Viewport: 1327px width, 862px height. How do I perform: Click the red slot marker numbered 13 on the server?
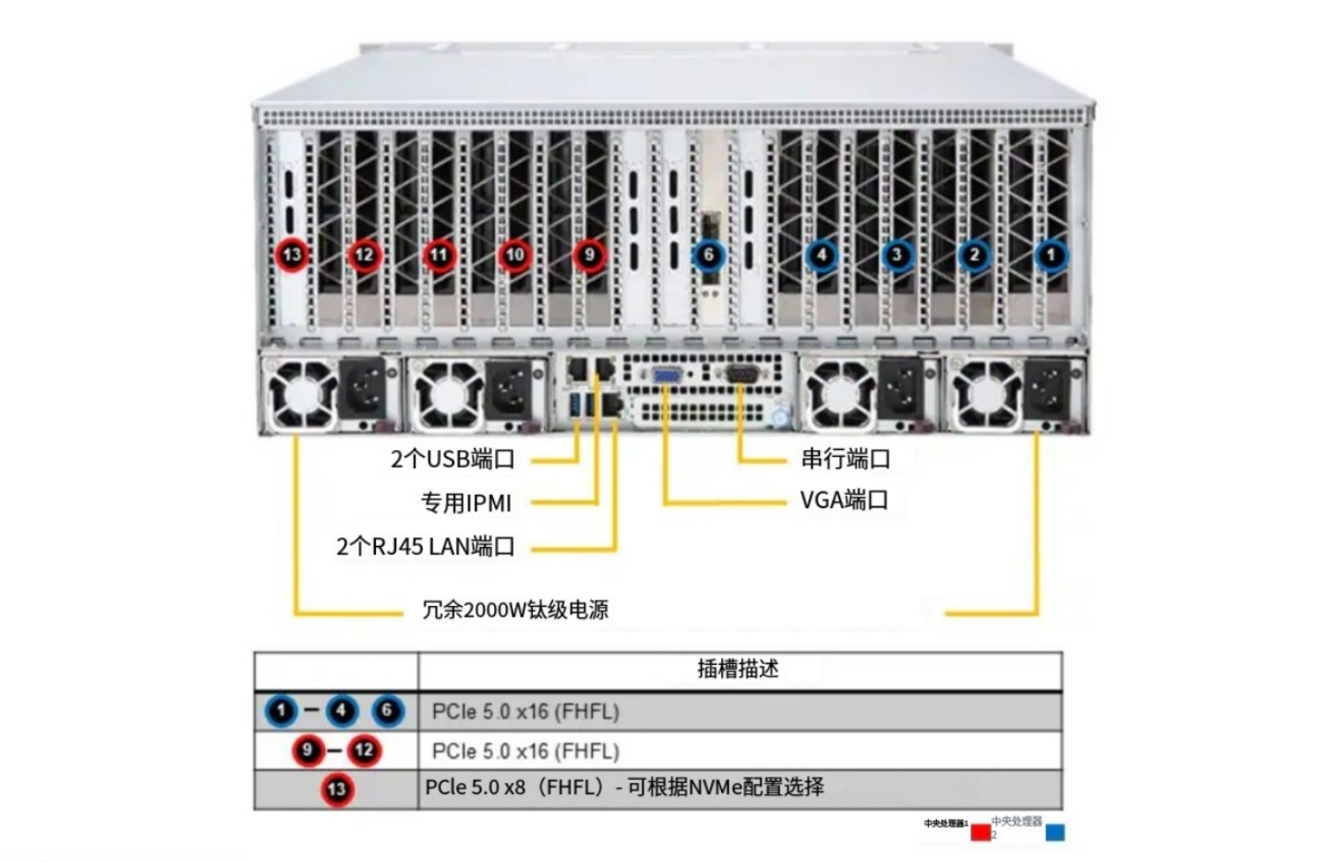click(x=291, y=255)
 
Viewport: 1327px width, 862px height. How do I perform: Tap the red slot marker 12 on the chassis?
click(x=364, y=255)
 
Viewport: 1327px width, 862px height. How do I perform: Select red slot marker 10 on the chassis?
click(x=515, y=255)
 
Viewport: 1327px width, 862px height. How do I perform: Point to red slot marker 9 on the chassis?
click(x=589, y=255)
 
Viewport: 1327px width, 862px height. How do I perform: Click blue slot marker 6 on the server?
click(x=708, y=255)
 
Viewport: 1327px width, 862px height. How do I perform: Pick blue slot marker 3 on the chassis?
click(x=896, y=255)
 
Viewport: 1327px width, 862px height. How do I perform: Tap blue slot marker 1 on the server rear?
click(x=1050, y=255)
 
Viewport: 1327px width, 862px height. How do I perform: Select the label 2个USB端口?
click(x=453, y=459)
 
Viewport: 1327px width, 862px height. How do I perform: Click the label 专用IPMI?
click(x=466, y=503)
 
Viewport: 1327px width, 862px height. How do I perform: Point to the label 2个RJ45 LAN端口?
click(x=425, y=547)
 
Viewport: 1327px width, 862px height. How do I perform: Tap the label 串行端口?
click(x=845, y=459)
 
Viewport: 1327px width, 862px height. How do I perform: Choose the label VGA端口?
click(x=844, y=500)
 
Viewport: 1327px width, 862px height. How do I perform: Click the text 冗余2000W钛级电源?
click(x=515, y=609)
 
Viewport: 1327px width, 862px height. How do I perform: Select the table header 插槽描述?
click(x=738, y=669)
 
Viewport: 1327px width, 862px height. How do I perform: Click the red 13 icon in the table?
click(x=336, y=789)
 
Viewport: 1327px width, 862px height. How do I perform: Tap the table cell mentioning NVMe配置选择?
click(x=625, y=787)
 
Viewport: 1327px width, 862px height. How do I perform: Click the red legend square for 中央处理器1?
click(x=980, y=831)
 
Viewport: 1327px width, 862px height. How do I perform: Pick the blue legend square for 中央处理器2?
click(x=1054, y=832)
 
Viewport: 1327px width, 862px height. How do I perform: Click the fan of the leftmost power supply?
click(x=302, y=393)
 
